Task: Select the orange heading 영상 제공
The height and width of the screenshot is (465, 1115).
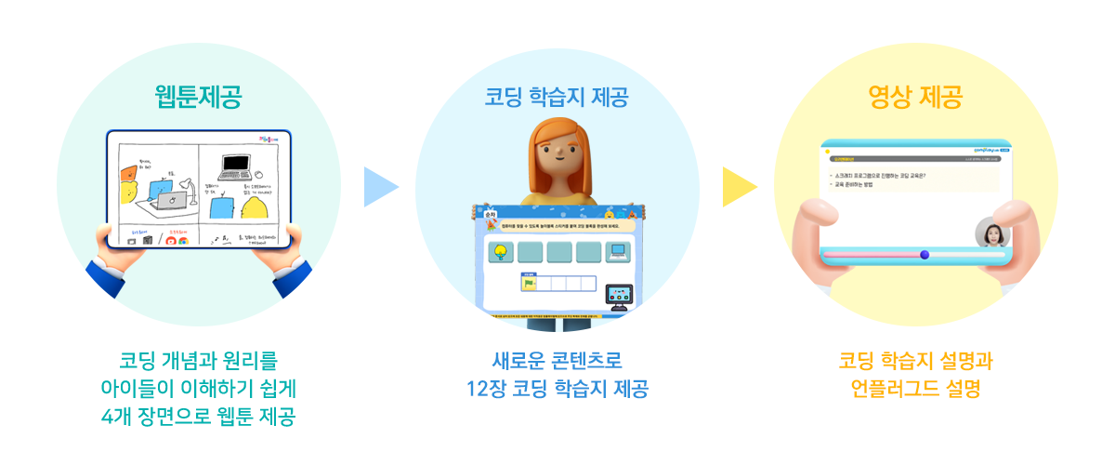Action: click(915, 95)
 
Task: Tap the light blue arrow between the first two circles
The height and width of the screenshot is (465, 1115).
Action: click(378, 187)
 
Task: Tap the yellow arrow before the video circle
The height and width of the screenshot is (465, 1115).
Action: click(738, 187)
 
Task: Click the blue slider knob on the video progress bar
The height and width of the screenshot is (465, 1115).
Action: click(924, 254)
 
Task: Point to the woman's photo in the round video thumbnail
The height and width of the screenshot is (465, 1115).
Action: click(991, 234)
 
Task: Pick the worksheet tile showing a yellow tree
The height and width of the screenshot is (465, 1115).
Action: click(502, 250)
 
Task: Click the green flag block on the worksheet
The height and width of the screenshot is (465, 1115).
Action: click(530, 284)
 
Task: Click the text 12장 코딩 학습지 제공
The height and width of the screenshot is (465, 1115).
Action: click(557, 388)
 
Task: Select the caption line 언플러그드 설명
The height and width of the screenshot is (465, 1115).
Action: click(915, 389)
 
